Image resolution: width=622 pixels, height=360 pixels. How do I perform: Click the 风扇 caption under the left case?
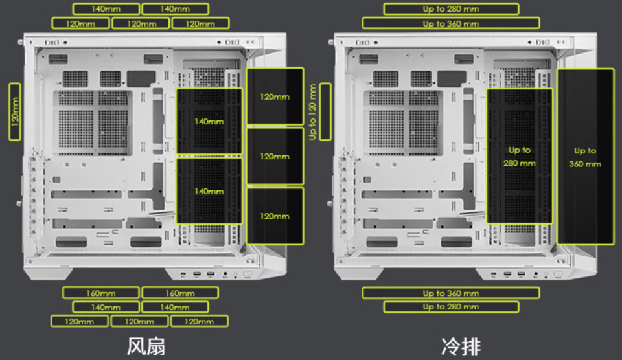(146, 346)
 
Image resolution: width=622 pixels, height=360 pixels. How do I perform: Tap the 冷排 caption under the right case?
(460, 346)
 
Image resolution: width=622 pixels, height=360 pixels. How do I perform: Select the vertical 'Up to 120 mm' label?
(313, 111)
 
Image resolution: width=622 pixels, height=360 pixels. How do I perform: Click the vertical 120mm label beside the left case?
(15, 110)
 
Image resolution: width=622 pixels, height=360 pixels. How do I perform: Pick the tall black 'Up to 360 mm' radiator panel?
(585, 157)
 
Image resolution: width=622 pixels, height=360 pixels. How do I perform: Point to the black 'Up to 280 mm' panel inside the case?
(519, 157)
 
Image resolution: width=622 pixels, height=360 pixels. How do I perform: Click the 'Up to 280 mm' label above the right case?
(451, 9)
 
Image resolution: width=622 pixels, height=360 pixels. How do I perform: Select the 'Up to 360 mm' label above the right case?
(451, 23)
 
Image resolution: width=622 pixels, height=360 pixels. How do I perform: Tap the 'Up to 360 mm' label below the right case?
(451, 293)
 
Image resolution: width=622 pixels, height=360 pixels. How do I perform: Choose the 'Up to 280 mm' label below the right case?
(451, 306)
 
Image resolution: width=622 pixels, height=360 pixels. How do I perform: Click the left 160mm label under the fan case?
(101, 293)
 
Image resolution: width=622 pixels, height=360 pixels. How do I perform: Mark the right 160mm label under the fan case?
(175, 293)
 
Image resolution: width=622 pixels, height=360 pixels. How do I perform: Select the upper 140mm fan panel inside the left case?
(209, 121)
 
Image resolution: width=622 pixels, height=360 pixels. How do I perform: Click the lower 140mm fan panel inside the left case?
(209, 191)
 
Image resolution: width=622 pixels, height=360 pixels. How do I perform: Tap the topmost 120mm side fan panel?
(275, 96)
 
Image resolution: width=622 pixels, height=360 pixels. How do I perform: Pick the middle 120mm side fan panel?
(275, 156)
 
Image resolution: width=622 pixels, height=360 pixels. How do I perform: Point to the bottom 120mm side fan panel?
(275, 216)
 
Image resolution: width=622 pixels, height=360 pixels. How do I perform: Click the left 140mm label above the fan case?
(106, 9)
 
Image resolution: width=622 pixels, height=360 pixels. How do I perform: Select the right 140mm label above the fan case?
(175, 9)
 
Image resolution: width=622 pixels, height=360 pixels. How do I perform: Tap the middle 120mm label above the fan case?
(141, 23)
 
